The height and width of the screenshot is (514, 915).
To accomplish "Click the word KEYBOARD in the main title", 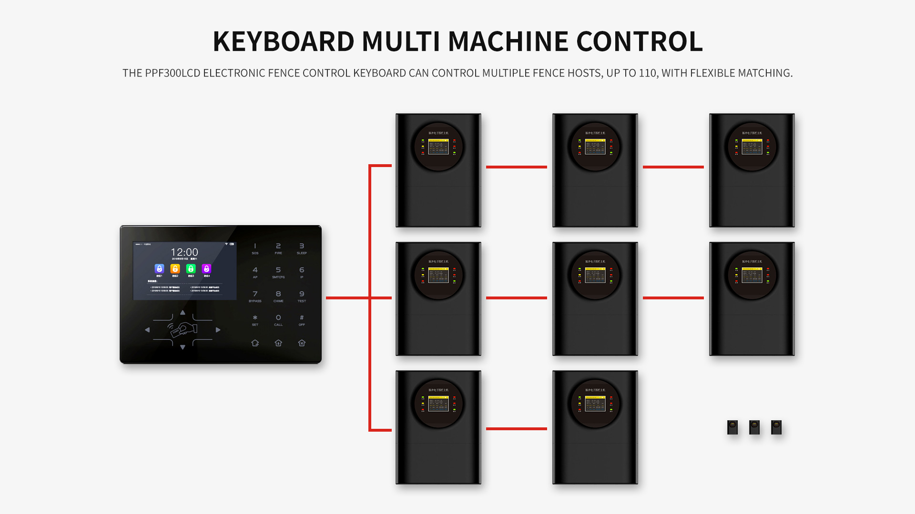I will point(284,41).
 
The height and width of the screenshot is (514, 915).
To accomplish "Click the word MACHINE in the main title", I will point(508,41).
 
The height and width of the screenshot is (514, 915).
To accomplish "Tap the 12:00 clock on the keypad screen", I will point(184,252).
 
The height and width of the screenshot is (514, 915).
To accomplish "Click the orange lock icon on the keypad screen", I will point(175,269).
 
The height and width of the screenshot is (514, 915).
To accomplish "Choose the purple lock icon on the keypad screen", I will point(206,269).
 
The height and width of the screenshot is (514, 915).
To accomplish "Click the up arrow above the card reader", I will point(183,313).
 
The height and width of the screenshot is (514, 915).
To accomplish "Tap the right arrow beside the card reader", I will point(218,330).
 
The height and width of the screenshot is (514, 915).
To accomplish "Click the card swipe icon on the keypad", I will point(183,329).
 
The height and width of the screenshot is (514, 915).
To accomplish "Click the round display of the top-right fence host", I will point(752,147).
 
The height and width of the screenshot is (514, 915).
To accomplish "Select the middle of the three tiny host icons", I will point(754,427).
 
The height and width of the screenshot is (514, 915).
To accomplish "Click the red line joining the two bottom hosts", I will point(517,429).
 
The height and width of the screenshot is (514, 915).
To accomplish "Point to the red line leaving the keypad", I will point(347,298).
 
